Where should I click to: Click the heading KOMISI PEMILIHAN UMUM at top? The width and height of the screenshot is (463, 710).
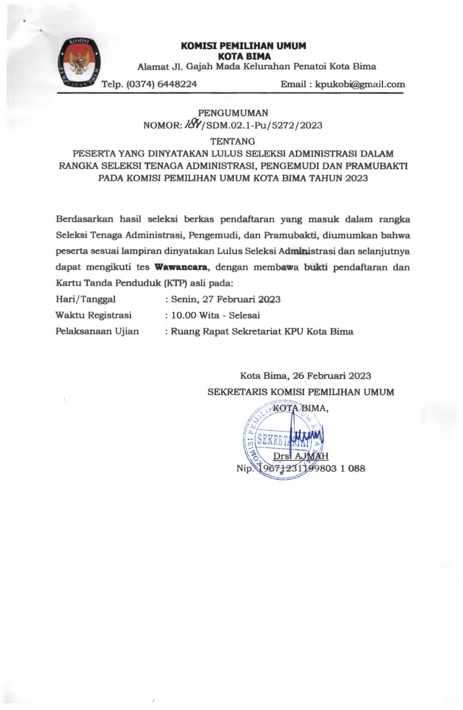coord(244,46)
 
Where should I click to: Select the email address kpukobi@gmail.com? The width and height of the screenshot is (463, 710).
coord(359,85)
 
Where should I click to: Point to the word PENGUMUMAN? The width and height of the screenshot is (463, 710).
coord(233,113)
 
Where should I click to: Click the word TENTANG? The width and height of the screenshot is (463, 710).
coord(233,141)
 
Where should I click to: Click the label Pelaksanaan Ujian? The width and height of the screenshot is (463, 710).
coord(97,331)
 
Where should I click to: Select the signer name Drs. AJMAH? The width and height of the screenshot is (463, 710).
coord(301,456)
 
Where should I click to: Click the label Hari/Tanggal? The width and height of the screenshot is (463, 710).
coord(85,299)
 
